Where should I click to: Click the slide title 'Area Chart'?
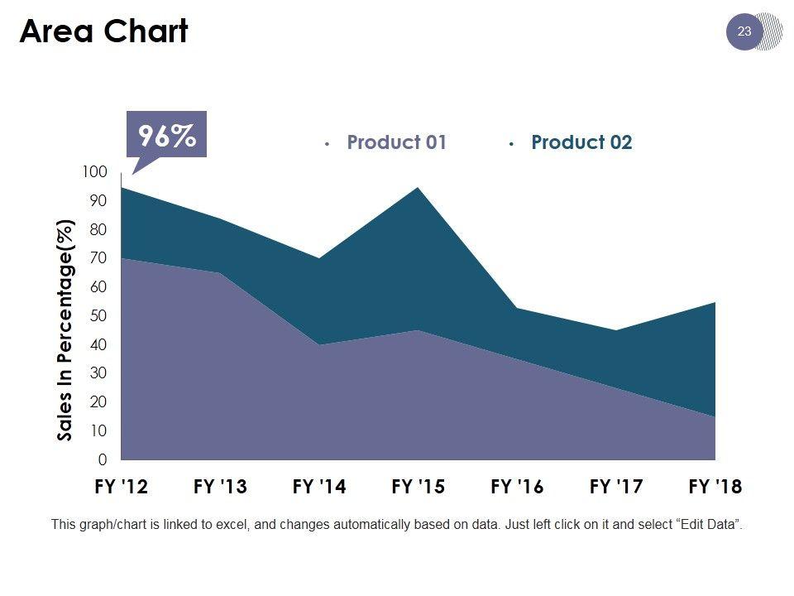(103, 32)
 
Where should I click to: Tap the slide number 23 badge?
(744, 32)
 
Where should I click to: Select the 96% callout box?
(166, 135)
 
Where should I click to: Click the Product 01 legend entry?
(396, 142)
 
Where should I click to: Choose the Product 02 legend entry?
(581, 142)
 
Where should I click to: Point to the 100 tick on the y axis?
(95, 171)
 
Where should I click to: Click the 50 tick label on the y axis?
(98, 316)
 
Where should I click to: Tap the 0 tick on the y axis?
(103, 459)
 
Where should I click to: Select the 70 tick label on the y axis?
(98, 258)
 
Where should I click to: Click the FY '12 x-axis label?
(121, 488)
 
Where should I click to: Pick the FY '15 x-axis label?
(418, 488)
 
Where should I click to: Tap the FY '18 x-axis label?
(715, 488)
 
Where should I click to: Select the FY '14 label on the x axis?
(319, 488)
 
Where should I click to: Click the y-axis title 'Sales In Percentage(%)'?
(66, 329)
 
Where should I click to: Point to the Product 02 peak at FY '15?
(419, 188)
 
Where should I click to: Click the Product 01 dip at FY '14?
(319, 344)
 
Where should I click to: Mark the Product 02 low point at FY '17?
(616, 331)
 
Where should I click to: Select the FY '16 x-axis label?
(517, 488)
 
